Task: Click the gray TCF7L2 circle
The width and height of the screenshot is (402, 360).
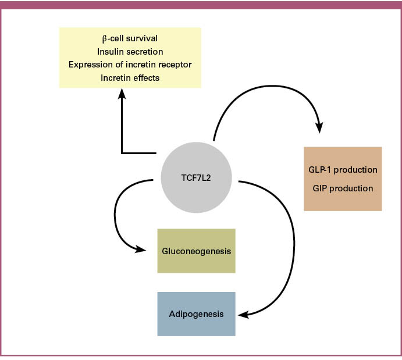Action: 196,178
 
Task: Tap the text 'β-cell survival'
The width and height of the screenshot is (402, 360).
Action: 130,39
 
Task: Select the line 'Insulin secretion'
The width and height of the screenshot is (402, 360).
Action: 130,51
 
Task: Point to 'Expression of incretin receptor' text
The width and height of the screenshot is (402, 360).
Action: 130,64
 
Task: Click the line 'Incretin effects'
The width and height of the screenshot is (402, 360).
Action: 130,77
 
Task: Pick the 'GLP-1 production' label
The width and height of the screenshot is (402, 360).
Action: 343,170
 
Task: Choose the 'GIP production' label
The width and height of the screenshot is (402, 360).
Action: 343,188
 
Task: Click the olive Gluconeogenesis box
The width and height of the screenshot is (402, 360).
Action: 196,251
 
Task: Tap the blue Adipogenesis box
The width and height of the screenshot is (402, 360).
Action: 196,314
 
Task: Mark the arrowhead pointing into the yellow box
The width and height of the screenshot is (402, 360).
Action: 122,93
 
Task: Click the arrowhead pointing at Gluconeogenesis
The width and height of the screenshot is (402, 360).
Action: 141,249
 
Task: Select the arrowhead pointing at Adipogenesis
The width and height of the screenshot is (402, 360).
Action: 244,315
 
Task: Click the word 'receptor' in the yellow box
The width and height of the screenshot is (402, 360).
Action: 175,64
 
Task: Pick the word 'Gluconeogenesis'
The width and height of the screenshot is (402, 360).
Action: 196,251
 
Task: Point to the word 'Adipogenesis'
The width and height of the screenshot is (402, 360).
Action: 196,314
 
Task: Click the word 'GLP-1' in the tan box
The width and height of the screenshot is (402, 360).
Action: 321,170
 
